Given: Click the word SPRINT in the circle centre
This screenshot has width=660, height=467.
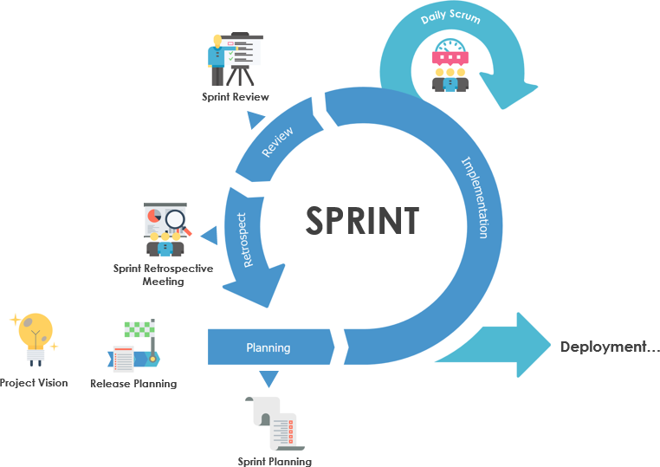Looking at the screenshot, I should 362,220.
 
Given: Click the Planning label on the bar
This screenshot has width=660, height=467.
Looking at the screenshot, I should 268,348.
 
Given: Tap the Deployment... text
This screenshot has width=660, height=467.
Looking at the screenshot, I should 610,347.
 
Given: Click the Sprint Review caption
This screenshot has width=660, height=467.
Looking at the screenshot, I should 236,97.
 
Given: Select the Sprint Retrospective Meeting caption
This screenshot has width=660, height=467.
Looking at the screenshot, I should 163,275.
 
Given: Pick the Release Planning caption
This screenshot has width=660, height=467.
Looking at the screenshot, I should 133,383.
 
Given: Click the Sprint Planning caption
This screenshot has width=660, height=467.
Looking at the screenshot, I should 275,461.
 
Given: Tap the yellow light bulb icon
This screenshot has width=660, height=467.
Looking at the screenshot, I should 35,334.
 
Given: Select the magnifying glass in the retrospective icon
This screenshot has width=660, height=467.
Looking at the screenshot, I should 177,220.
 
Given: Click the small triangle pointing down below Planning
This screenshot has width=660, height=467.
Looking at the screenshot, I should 269,378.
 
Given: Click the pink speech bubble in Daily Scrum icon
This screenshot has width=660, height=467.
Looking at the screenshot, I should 450,57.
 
